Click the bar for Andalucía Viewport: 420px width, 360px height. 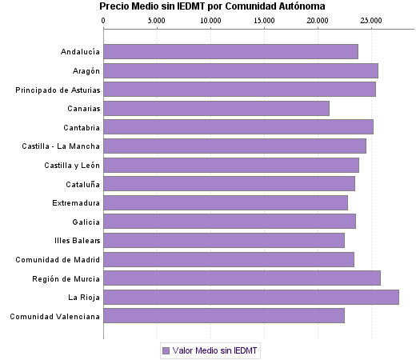230,52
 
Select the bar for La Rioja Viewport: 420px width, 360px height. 251,297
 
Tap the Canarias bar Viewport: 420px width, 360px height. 216,108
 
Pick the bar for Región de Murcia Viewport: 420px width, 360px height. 242,278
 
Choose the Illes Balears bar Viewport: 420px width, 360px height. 224,240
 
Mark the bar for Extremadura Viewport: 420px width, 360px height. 226,202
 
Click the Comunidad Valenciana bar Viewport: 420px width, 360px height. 224,316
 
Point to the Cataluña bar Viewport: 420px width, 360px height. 229,183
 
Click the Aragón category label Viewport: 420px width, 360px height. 85,71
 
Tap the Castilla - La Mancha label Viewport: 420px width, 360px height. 62,146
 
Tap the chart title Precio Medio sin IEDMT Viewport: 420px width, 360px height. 212,6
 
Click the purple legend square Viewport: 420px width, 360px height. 166,350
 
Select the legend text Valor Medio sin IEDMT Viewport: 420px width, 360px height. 216,350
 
